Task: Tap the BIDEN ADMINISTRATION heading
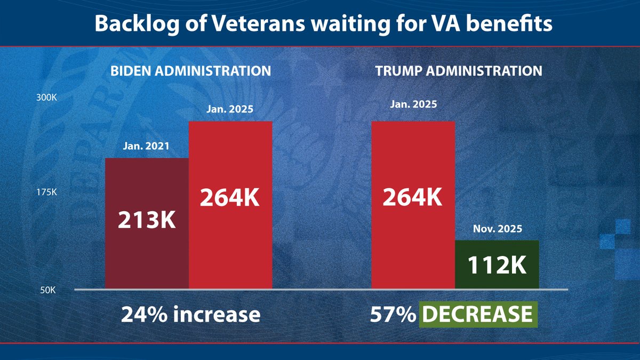click(x=190, y=70)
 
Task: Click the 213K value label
click(x=147, y=220)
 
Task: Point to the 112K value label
click(x=497, y=266)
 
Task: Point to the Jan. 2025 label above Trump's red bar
click(x=413, y=104)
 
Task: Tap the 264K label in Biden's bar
click(x=230, y=198)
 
